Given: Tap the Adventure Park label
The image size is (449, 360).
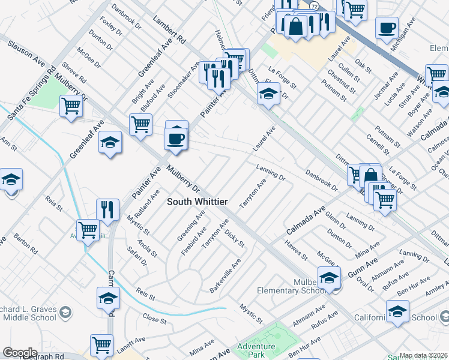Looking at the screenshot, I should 256,351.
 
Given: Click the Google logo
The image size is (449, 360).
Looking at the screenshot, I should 20,353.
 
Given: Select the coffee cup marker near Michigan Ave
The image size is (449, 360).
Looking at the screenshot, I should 387,27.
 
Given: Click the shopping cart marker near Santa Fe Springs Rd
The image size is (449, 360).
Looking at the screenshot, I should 71,106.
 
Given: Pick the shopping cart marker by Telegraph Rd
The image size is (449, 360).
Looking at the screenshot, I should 101,345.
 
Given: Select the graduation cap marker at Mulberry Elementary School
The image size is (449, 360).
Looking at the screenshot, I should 329,278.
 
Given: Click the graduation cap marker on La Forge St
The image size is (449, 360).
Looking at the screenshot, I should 268,93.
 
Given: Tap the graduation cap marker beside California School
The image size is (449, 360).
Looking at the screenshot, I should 397,311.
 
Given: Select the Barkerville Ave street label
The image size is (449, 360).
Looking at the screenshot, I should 225,276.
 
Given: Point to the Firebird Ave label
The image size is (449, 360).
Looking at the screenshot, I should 200,241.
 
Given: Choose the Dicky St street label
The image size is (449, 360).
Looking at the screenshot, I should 235,238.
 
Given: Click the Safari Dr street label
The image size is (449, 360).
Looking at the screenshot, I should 137,255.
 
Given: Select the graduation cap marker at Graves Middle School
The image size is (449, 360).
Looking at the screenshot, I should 108,298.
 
